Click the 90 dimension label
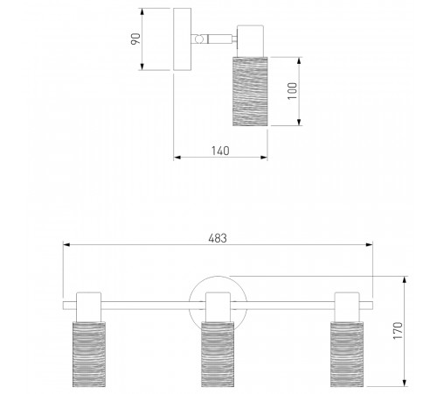(x=135, y=39)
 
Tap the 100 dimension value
(x=293, y=91)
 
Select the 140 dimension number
(x=220, y=151)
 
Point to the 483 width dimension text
(x=218, y=238)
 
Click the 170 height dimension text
(x=398, y=331)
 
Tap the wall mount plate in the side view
(x=183, y=39)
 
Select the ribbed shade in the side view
(x=250, y=91)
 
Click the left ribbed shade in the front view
(x=89, y=354)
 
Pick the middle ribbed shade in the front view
(x=218, y=354)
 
